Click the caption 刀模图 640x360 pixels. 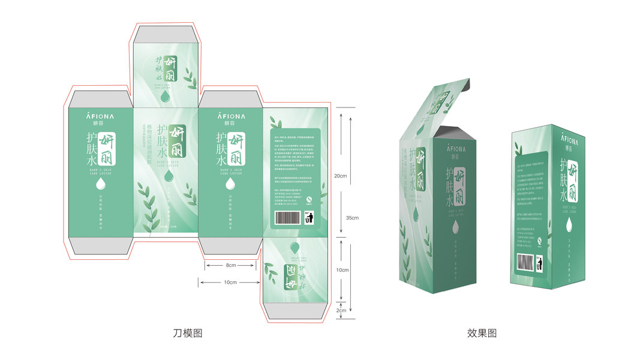tap(187, 333)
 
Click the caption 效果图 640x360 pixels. tap(482, 333)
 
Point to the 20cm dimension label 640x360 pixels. tap(340, 176)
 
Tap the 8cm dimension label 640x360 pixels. tap(231, 265)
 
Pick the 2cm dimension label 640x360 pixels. tap(341, 311)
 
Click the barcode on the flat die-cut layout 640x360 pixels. tap(284, 217)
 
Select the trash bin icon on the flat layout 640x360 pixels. tap(309, 217)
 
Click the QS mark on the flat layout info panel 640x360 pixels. tap(309, 200)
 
